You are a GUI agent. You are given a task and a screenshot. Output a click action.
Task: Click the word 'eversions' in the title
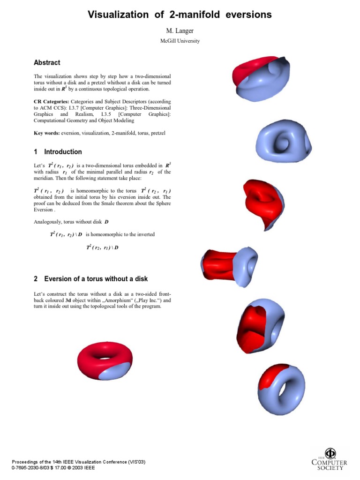pos(242,15)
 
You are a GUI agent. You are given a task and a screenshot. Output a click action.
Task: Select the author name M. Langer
pos(180,31)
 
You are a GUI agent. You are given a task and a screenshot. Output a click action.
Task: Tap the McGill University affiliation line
pos(180,41)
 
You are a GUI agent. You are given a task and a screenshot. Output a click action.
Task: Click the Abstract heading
pos(47,62)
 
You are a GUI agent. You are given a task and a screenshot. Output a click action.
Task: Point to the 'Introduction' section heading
pos(63,152)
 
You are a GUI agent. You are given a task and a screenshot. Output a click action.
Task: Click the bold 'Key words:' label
pos(46,133)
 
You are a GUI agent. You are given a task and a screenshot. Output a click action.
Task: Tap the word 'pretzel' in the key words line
pos(157,133)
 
